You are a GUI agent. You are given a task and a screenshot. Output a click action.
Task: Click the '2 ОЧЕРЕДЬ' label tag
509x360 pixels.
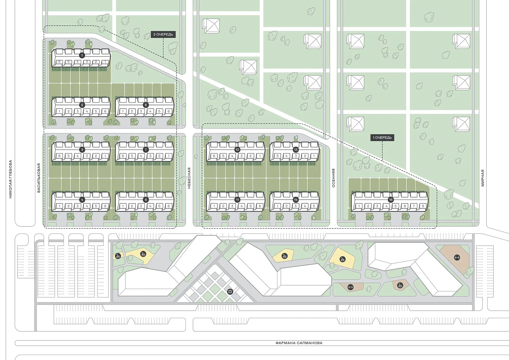[163, 34]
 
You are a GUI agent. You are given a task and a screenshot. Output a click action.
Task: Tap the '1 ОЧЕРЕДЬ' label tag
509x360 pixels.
[382, 138]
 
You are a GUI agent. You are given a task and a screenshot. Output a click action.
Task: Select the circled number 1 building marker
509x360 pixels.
[82, 55]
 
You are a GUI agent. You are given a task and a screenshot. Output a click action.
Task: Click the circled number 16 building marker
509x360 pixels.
[390, 200]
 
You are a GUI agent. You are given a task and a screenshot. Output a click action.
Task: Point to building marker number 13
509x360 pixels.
[296, 150]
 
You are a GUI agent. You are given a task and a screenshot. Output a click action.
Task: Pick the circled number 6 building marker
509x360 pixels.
[146, 105]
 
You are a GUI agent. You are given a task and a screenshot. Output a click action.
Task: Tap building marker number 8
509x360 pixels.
[146, 200]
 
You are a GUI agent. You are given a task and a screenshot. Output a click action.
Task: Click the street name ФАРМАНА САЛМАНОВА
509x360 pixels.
[299, 343]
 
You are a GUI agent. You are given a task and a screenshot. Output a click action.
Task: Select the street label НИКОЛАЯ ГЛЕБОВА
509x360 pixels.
[11, 179]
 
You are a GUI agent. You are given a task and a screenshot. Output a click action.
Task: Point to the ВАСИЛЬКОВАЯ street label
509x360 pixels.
[39, 178]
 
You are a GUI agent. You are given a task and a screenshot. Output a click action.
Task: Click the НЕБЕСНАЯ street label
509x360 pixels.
[189, 178]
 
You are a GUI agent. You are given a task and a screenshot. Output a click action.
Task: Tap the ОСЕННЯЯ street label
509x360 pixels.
[334, 178]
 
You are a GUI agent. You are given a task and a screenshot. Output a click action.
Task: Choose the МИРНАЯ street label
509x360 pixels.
[483, 178]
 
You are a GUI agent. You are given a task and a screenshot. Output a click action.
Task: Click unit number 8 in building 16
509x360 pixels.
[423, 206]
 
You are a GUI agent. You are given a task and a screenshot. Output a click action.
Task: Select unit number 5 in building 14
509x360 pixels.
[314, 206]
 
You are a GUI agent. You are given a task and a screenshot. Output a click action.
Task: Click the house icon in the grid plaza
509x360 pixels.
[230, 292]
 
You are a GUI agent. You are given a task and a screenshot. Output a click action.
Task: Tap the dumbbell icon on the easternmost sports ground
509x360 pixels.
[457, 257]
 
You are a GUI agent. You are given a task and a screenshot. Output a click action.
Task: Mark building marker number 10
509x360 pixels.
[237, 150]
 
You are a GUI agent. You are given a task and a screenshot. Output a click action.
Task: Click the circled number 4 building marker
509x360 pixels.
[82, 200]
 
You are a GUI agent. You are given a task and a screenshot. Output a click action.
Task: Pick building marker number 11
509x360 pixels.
[237, 200]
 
